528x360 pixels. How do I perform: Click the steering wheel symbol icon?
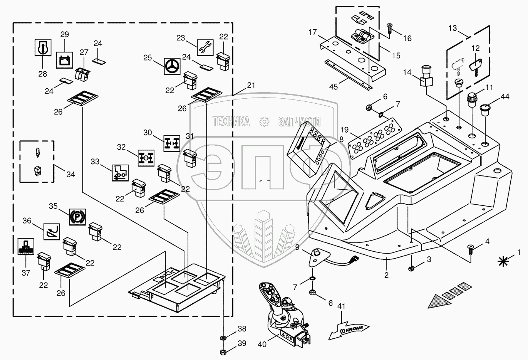pos(172,67)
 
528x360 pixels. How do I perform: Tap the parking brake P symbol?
pos(77,217)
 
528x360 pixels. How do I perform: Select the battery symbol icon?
pos(65,60)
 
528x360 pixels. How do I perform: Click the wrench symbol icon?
pos(205,48)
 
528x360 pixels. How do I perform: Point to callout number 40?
pos(262,345)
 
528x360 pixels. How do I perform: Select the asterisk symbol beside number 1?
pos(503,262)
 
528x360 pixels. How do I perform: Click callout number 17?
pos(313,32)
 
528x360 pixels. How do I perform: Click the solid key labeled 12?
pos(474,67)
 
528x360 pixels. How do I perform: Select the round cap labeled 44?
pos(485,110)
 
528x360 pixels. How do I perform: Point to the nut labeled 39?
pos(223,352)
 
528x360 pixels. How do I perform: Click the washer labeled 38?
pos(223,338)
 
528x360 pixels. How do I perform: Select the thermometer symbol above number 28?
pos(43,47)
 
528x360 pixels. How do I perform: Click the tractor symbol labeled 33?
pos(120,173)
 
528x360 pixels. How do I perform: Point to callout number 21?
pos(251,85)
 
